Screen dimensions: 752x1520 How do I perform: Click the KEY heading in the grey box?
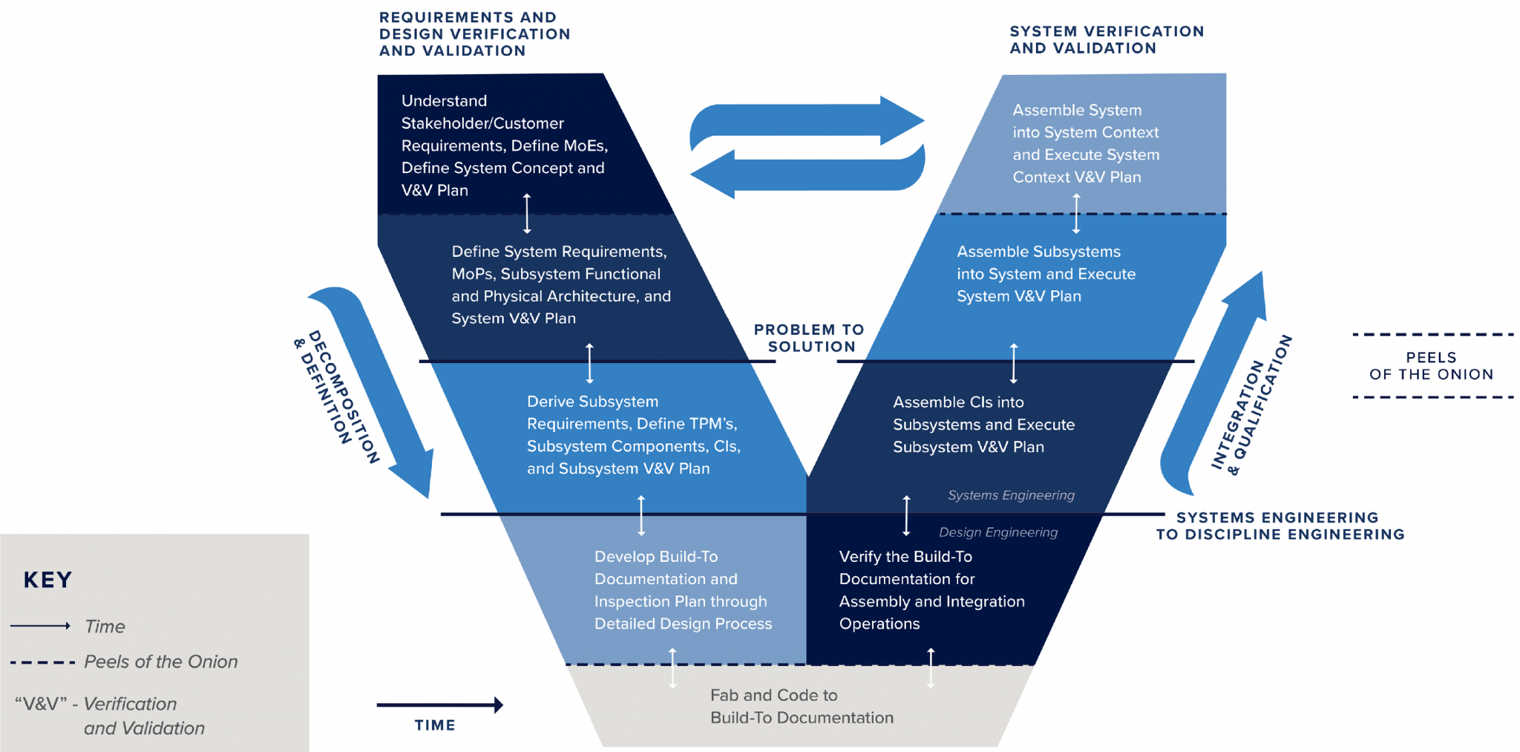(47, 580)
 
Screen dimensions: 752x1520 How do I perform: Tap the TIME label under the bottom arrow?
(435, 725)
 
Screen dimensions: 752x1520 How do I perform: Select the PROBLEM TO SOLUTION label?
(810, 338)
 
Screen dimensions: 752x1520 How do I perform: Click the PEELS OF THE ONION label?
(1431, 366)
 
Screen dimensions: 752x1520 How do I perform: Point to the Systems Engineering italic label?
(1011, 495)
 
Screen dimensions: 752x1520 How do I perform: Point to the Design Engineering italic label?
(998, 532)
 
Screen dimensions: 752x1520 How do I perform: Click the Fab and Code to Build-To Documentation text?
(802, 707)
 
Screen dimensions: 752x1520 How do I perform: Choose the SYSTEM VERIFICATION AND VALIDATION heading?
(1106, 39)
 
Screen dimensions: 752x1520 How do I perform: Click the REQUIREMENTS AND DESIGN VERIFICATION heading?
(474, 34)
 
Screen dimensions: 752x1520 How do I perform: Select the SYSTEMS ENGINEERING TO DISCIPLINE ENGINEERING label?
(1280, 526)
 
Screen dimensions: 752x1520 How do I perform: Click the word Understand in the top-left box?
(444, 101)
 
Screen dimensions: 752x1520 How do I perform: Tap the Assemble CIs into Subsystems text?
(983, 425)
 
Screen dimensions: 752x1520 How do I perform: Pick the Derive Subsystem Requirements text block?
(633, 435)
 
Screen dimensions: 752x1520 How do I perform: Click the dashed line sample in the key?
(42, 662)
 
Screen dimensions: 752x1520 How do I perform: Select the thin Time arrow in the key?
(40, 626)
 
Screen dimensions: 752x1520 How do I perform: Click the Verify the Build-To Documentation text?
(931, 590)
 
